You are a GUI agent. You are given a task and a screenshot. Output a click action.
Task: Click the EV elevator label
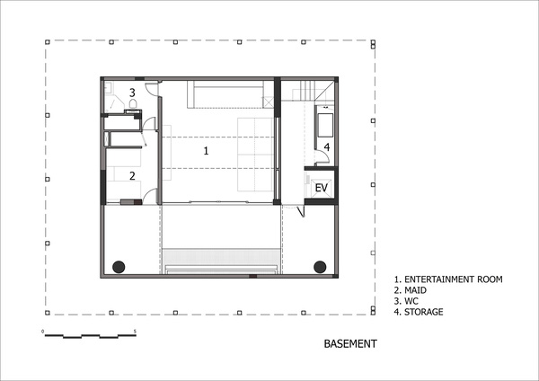coord(322,188)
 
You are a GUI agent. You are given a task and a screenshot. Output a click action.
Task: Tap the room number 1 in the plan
coord(206,151)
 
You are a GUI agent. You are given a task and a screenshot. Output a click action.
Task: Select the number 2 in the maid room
coord(132,176)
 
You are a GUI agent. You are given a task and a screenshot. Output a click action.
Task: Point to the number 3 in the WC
coord(132,93)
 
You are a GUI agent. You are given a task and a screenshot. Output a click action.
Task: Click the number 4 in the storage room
coord(327,147)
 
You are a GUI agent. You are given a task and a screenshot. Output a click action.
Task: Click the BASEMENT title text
coord(350,343)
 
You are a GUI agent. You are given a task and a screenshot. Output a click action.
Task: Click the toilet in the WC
coord(133,103)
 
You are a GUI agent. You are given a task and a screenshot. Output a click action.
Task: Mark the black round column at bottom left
coord(119,267)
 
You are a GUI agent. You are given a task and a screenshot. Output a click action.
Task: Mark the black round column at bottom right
coord(320,267)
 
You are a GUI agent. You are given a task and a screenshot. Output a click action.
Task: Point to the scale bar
coord(91,335)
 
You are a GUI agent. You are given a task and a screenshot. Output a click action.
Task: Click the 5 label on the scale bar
coord(135,332)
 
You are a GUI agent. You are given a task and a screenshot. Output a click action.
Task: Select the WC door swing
coord(151,89)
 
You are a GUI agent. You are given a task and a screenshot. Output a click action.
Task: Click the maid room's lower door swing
coord(150,197)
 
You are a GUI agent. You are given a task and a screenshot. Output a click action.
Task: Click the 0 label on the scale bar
coord(42,332)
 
